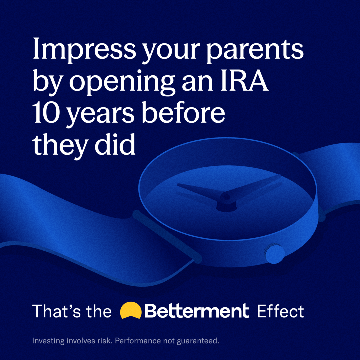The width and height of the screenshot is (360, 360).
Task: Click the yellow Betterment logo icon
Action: (x=131, y=310)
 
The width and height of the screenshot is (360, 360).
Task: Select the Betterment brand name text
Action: (x=197, y=311)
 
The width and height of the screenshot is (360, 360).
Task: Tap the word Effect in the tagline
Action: (x=280, y=311)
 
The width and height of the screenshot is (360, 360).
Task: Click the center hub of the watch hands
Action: (x=227, y=197)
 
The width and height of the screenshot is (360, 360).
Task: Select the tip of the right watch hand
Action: (x=280, y=176)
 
